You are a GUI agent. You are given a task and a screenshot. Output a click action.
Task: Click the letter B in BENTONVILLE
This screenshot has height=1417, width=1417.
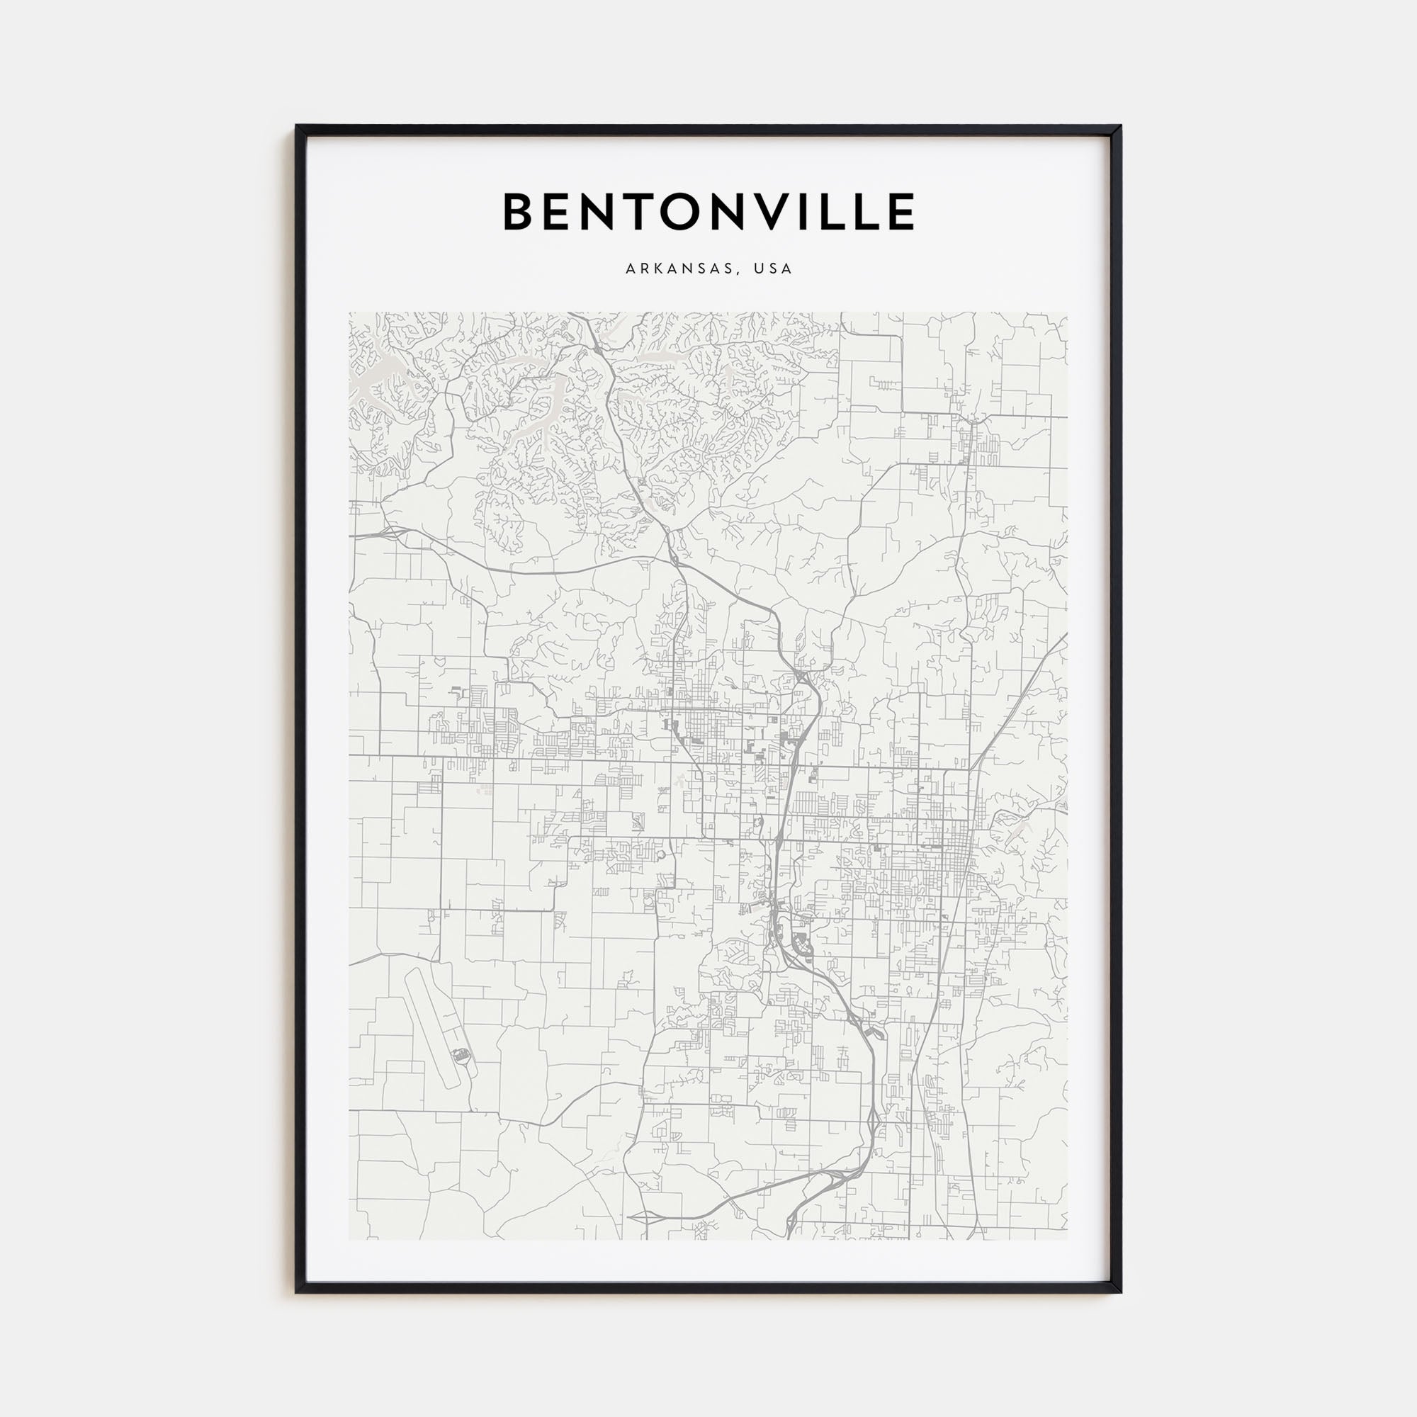coord(518,213)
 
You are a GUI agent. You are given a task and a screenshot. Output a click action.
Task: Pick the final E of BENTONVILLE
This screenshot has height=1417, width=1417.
coord(902,213)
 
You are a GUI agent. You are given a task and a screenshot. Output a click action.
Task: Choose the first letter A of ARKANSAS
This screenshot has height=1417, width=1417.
coord(630,269)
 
